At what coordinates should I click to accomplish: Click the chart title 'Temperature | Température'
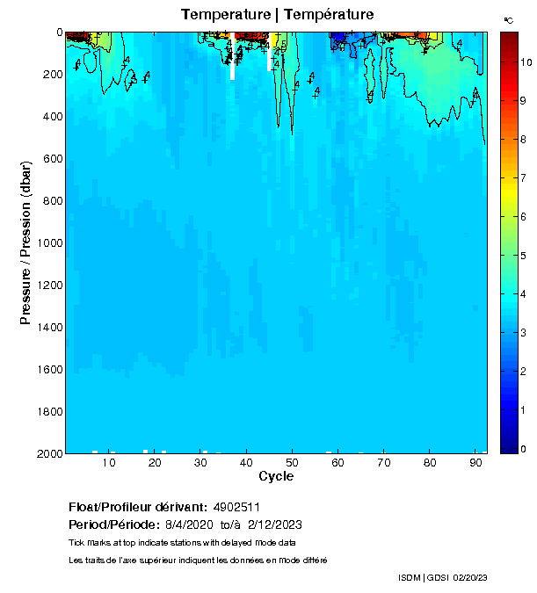(277, 15)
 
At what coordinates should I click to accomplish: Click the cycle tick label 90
(475, 463)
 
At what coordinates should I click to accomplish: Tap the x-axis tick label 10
(109, 463)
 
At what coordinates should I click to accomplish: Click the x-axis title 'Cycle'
(276, 477)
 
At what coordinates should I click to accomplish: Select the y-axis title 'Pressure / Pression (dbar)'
(25, 243)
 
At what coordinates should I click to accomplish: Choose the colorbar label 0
(524, 449)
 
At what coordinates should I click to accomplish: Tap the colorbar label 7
(524, 178)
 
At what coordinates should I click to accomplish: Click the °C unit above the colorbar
(508, 19)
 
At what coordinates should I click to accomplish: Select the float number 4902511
(238, 507)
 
